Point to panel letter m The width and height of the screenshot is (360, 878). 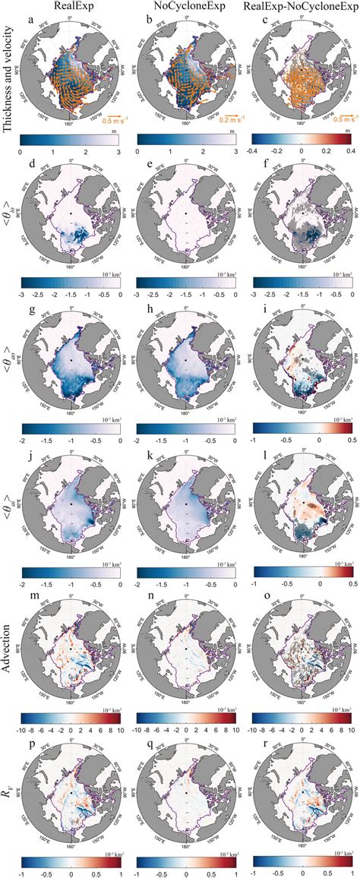29,592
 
